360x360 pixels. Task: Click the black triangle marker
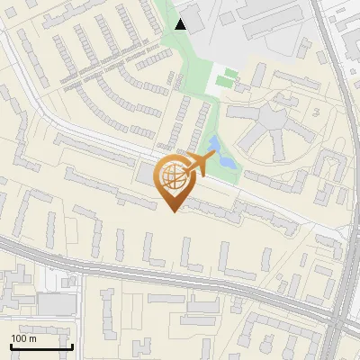click(x=181, y=24)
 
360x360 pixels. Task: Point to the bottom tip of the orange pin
click(x=172, y=211)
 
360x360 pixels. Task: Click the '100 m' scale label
click(x=23, y=338)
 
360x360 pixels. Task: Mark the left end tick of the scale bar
click(x=11, y=346)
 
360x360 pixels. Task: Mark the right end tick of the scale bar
click(x=72, y=346)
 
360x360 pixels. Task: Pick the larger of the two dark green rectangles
click(x=232, y=72)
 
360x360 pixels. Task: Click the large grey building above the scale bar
click(x=56, y=305)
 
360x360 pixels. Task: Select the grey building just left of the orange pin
click(x=145, y=173)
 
